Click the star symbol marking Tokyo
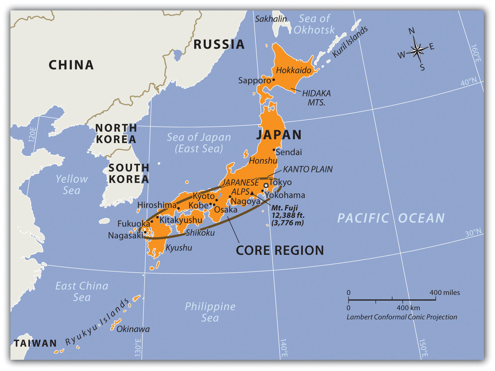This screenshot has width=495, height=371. pyautogui.click(x=266, y=185)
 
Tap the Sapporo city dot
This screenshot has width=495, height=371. pyautogui.click(x=274, y=80)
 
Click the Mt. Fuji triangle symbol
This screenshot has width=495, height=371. pyautogui.click(x=252, y=193)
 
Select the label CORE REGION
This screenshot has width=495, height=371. pyautogui.click(x=280, y=250)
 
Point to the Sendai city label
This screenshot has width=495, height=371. pyautogui.click(x=289, y=152)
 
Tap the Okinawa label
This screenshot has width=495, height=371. pyautogui.click(x=133, y=329)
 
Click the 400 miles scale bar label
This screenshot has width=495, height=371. pyautogui.click(x=445, y=292)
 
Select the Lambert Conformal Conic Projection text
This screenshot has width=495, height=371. pyautogui.click(x=402, y=317)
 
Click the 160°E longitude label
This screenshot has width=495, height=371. pyautogui.click(x=476, y=54)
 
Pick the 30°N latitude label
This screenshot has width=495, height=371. pyautogui.click(x=473, y=233)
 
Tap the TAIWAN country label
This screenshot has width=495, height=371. pyautogui.click(x=35, y=343)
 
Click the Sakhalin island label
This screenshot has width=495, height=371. pyautogui.click(x=271, y=19)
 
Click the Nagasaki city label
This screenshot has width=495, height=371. pyautogui.click(x=125, y=235)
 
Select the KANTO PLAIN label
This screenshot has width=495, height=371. pyautogui.click(x=308, y=169)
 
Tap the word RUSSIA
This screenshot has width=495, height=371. pyautogui.click(x=219, y=44)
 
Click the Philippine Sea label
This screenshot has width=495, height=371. pyautogui.click(x=210, y=312)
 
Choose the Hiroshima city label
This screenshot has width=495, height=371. pyautogui.click(x=157, y=205)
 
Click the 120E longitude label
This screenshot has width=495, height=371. pyautogui.click(x=32, y=135)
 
